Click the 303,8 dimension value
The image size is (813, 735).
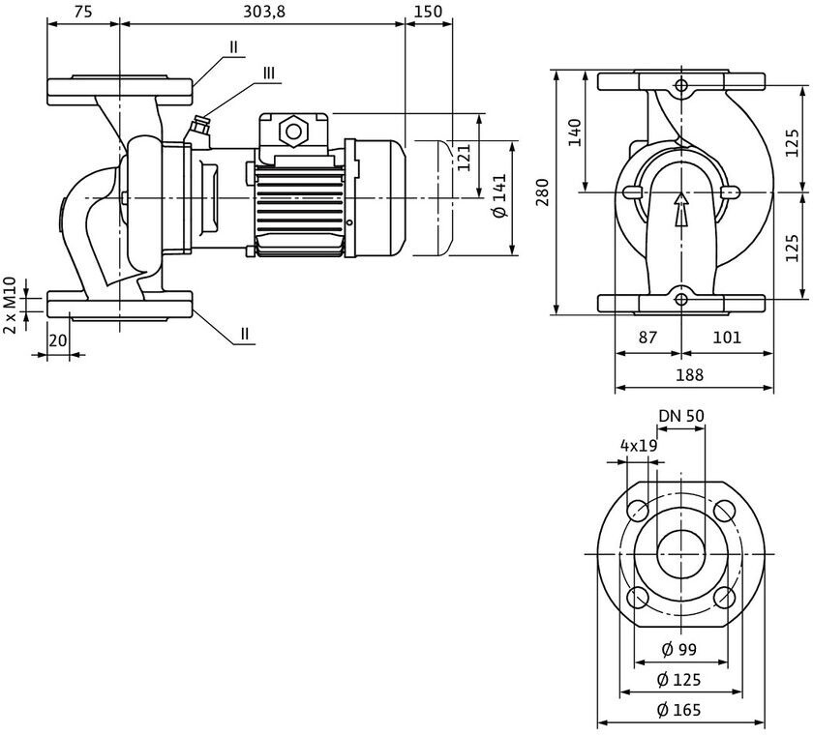pos(264,12)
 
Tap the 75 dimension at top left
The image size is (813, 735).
pos(83,12)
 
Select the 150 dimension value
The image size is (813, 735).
pos(428,12)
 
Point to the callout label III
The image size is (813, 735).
pos(269,73)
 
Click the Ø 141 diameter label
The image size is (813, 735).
pos(499,195)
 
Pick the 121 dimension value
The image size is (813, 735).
pos(463,158)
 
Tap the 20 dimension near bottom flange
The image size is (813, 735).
pos(57,340)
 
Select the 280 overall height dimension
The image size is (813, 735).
pos(542,191)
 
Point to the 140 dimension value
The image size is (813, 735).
pos(575,132)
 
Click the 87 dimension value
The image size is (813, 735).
pos(647,338)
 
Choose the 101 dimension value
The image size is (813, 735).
pos(727,338)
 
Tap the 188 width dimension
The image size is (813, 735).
pos(689,374)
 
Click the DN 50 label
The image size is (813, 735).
pos(681,416)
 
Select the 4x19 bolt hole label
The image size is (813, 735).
pos(639,446)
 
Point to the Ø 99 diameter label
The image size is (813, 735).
pos(679,649)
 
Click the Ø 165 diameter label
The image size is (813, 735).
pos(679,709)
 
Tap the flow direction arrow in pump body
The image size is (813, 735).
pos(681,209)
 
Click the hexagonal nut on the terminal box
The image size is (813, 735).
pos(293,132)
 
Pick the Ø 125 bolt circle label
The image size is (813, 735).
pos(679,679)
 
